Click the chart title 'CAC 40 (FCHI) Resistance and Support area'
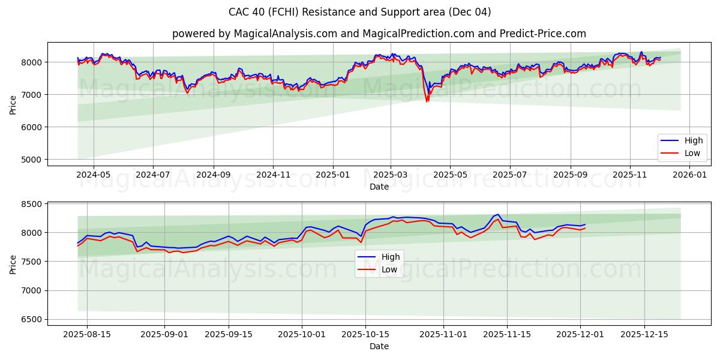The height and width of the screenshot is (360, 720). click(359, 12)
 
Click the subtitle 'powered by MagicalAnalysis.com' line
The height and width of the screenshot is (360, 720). click(379, 34)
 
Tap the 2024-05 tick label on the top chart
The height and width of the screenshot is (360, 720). click(94, 175)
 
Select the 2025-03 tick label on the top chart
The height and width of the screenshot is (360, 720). click(391, 175)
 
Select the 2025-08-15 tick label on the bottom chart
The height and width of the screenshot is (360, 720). click(87, 334)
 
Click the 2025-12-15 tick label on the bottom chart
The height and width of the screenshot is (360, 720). click(644, 334)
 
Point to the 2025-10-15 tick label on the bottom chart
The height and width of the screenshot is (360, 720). click(365, 334)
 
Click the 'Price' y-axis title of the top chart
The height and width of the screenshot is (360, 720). click(13, 104)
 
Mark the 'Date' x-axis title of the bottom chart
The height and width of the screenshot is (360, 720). click(379, 346)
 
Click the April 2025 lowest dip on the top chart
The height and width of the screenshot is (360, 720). click(427, 101)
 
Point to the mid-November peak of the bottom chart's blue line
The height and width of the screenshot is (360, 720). click(498, 214)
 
